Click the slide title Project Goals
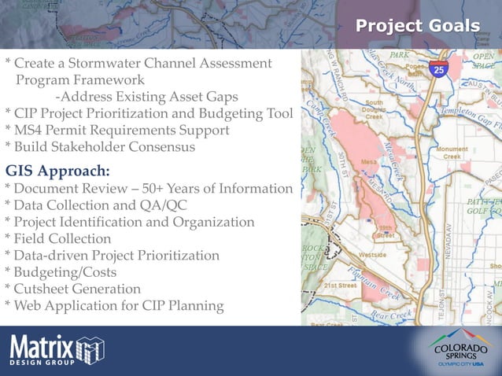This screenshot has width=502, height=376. pyautogui.click(x=417, y=26)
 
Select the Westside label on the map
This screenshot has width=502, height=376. pyautogui.click(x=372, y=255)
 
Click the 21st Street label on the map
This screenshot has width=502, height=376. pyautogui.click(x=341, y=286)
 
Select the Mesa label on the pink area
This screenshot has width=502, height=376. pyautogui.click(x=367, y=162)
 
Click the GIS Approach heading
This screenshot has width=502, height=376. pyautogui.click(x=57, y=171)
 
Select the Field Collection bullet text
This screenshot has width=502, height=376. pyautogui.click(x=61, y=239)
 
